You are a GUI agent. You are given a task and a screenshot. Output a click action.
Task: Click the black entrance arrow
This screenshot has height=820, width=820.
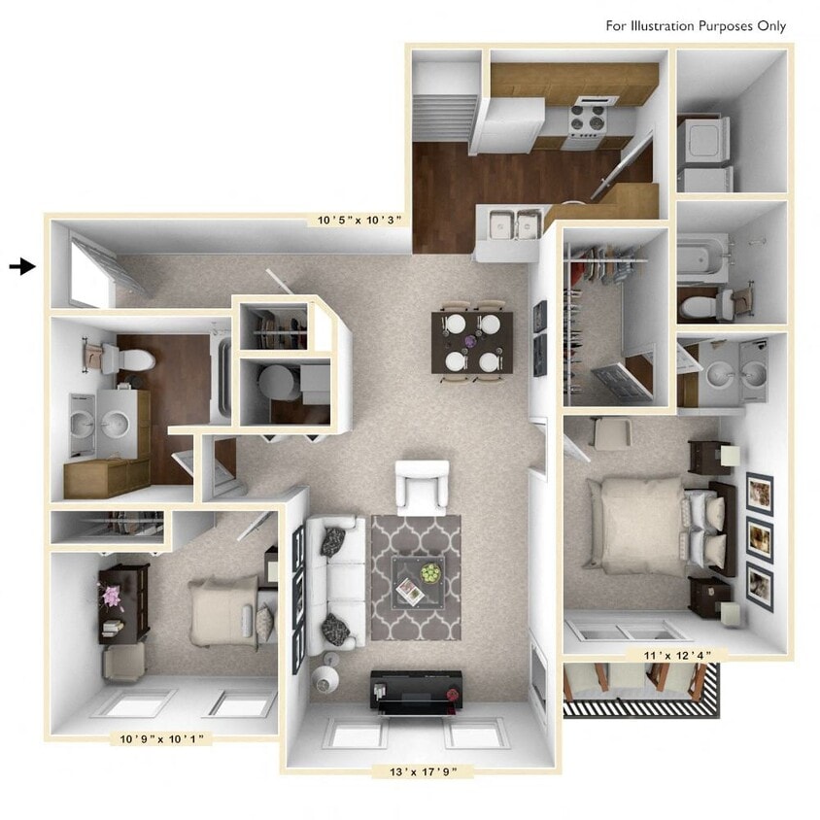coord(22,266)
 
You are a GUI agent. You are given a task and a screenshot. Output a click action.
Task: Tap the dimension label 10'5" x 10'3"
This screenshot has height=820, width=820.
coord(359,221)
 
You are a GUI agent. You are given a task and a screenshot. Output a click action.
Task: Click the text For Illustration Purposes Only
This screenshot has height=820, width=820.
coord(696,26)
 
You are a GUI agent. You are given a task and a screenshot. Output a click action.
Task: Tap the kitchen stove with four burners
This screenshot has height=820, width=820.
coord(586,122)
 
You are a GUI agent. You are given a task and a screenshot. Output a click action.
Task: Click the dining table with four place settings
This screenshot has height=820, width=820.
coord(470,341)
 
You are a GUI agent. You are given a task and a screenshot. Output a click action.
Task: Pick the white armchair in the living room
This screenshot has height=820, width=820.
coord(423,486)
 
